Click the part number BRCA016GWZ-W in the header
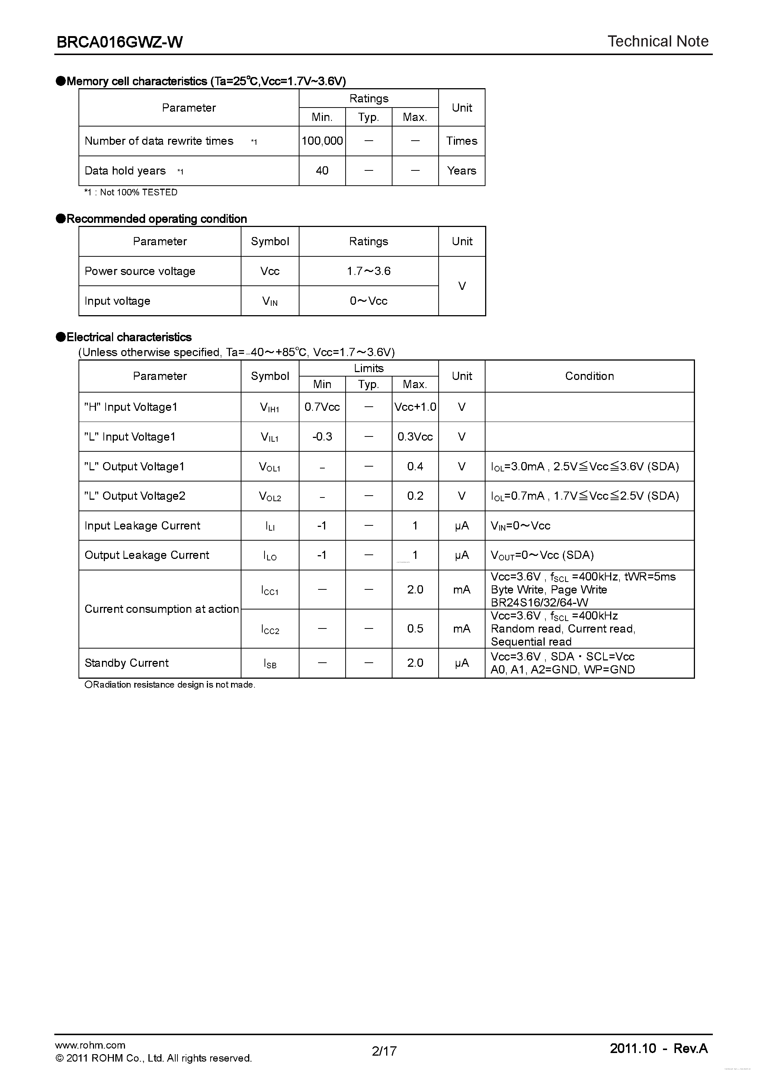coord(119,42)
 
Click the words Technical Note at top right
coord(658,41)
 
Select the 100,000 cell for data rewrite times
coord(322,141)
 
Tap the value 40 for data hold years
coord(322,170)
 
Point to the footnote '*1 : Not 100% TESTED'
coord(131,192)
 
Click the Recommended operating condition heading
coord(156,219)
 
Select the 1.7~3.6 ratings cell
coord(369,271)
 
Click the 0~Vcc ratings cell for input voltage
coord(369,301)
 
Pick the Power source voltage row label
coord(140,271)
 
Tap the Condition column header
coord(589,376)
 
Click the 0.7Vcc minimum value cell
coord(322,407)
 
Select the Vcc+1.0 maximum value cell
coord(415,407)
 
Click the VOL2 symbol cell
coord(270,496)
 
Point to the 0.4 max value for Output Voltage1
coord(415,466)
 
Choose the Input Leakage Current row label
coord(142,525)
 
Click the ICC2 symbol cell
coord(270,629)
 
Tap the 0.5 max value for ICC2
coord(415,628)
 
